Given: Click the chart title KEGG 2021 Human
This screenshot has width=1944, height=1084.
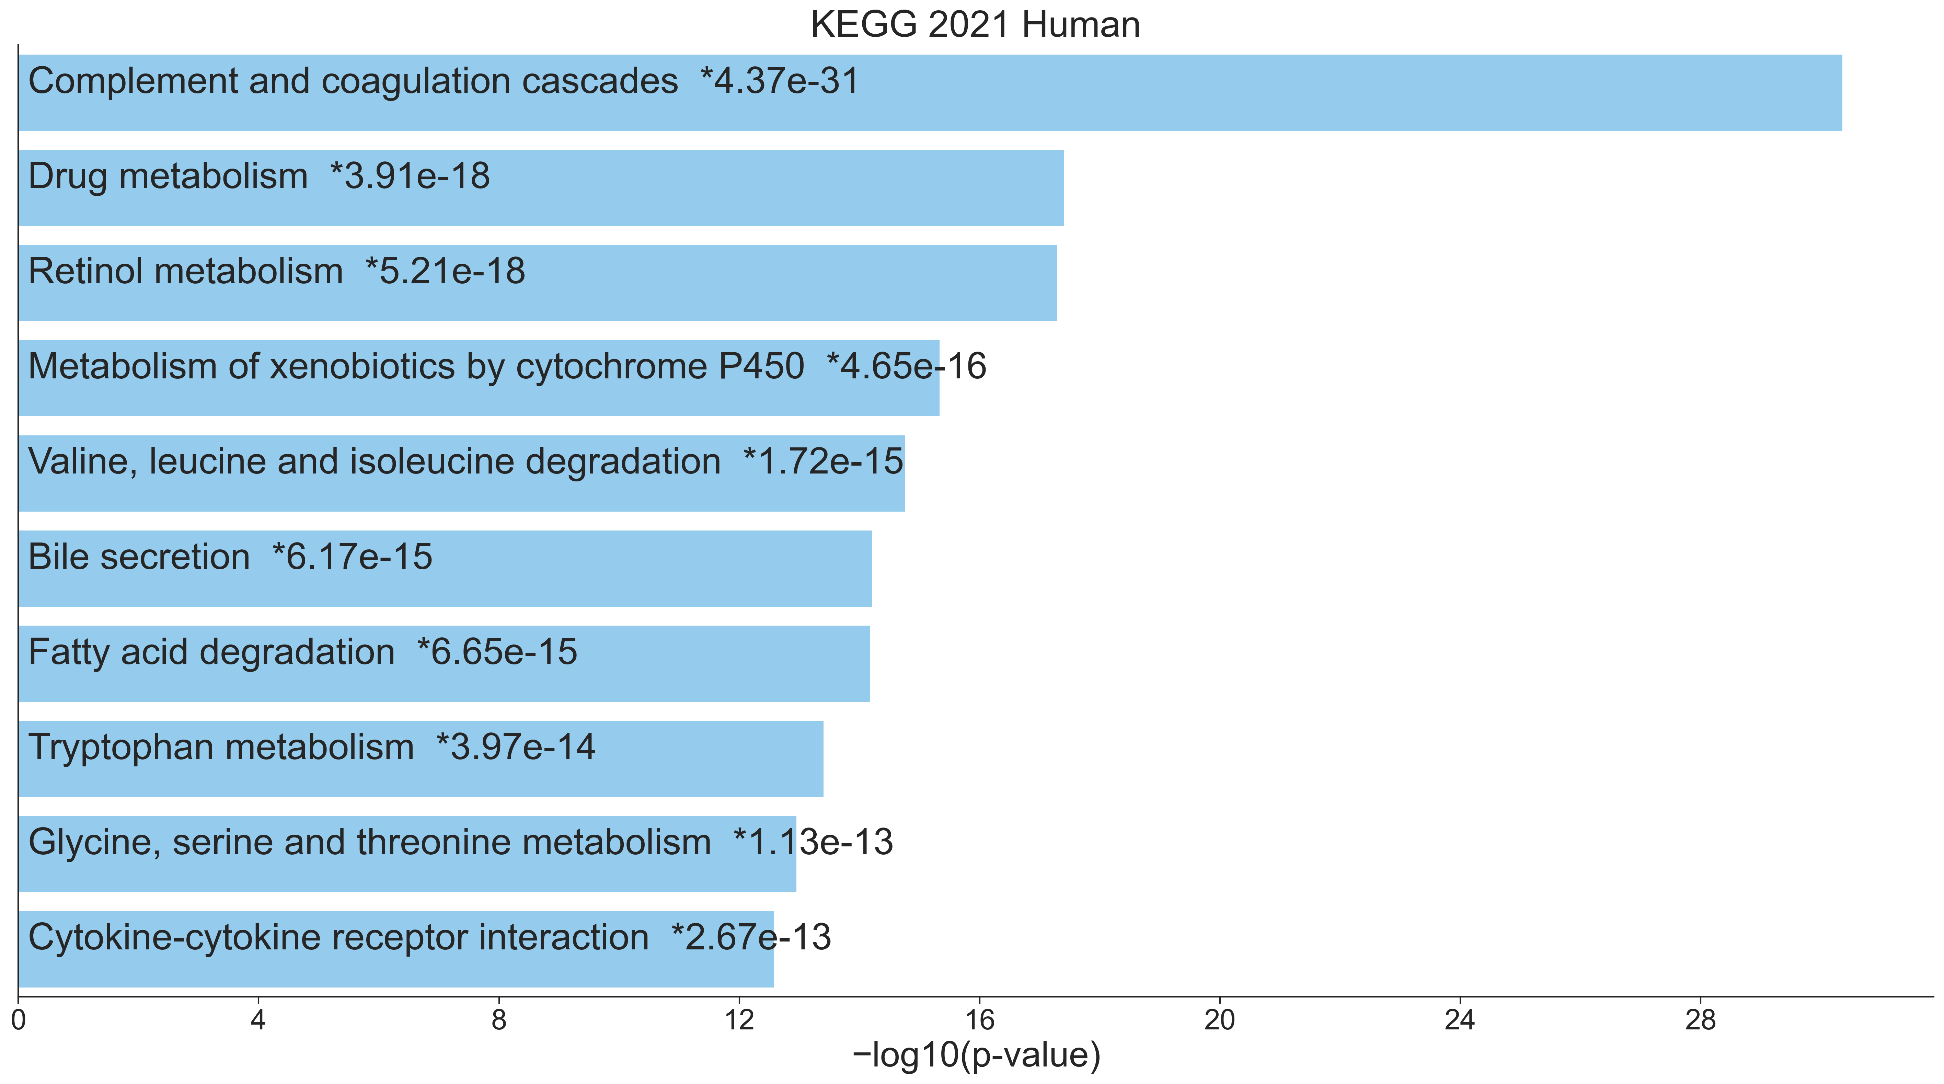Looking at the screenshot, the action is (x=975, y=25).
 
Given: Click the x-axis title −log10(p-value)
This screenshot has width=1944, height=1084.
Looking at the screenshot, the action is (x=976, y=1055).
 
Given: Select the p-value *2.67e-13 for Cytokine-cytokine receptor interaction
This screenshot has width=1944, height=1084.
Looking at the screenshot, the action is (x=752, y=937).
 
